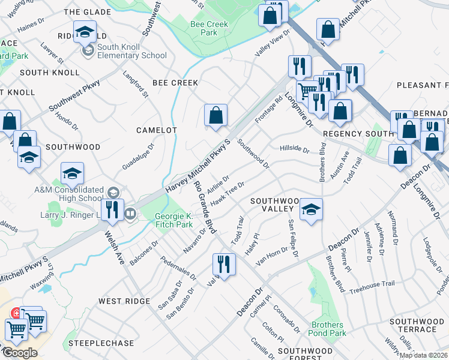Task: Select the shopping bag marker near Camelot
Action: tap(215, 115)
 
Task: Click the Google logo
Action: tap(19, 352)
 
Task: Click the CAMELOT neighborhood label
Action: tap(157, 130)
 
